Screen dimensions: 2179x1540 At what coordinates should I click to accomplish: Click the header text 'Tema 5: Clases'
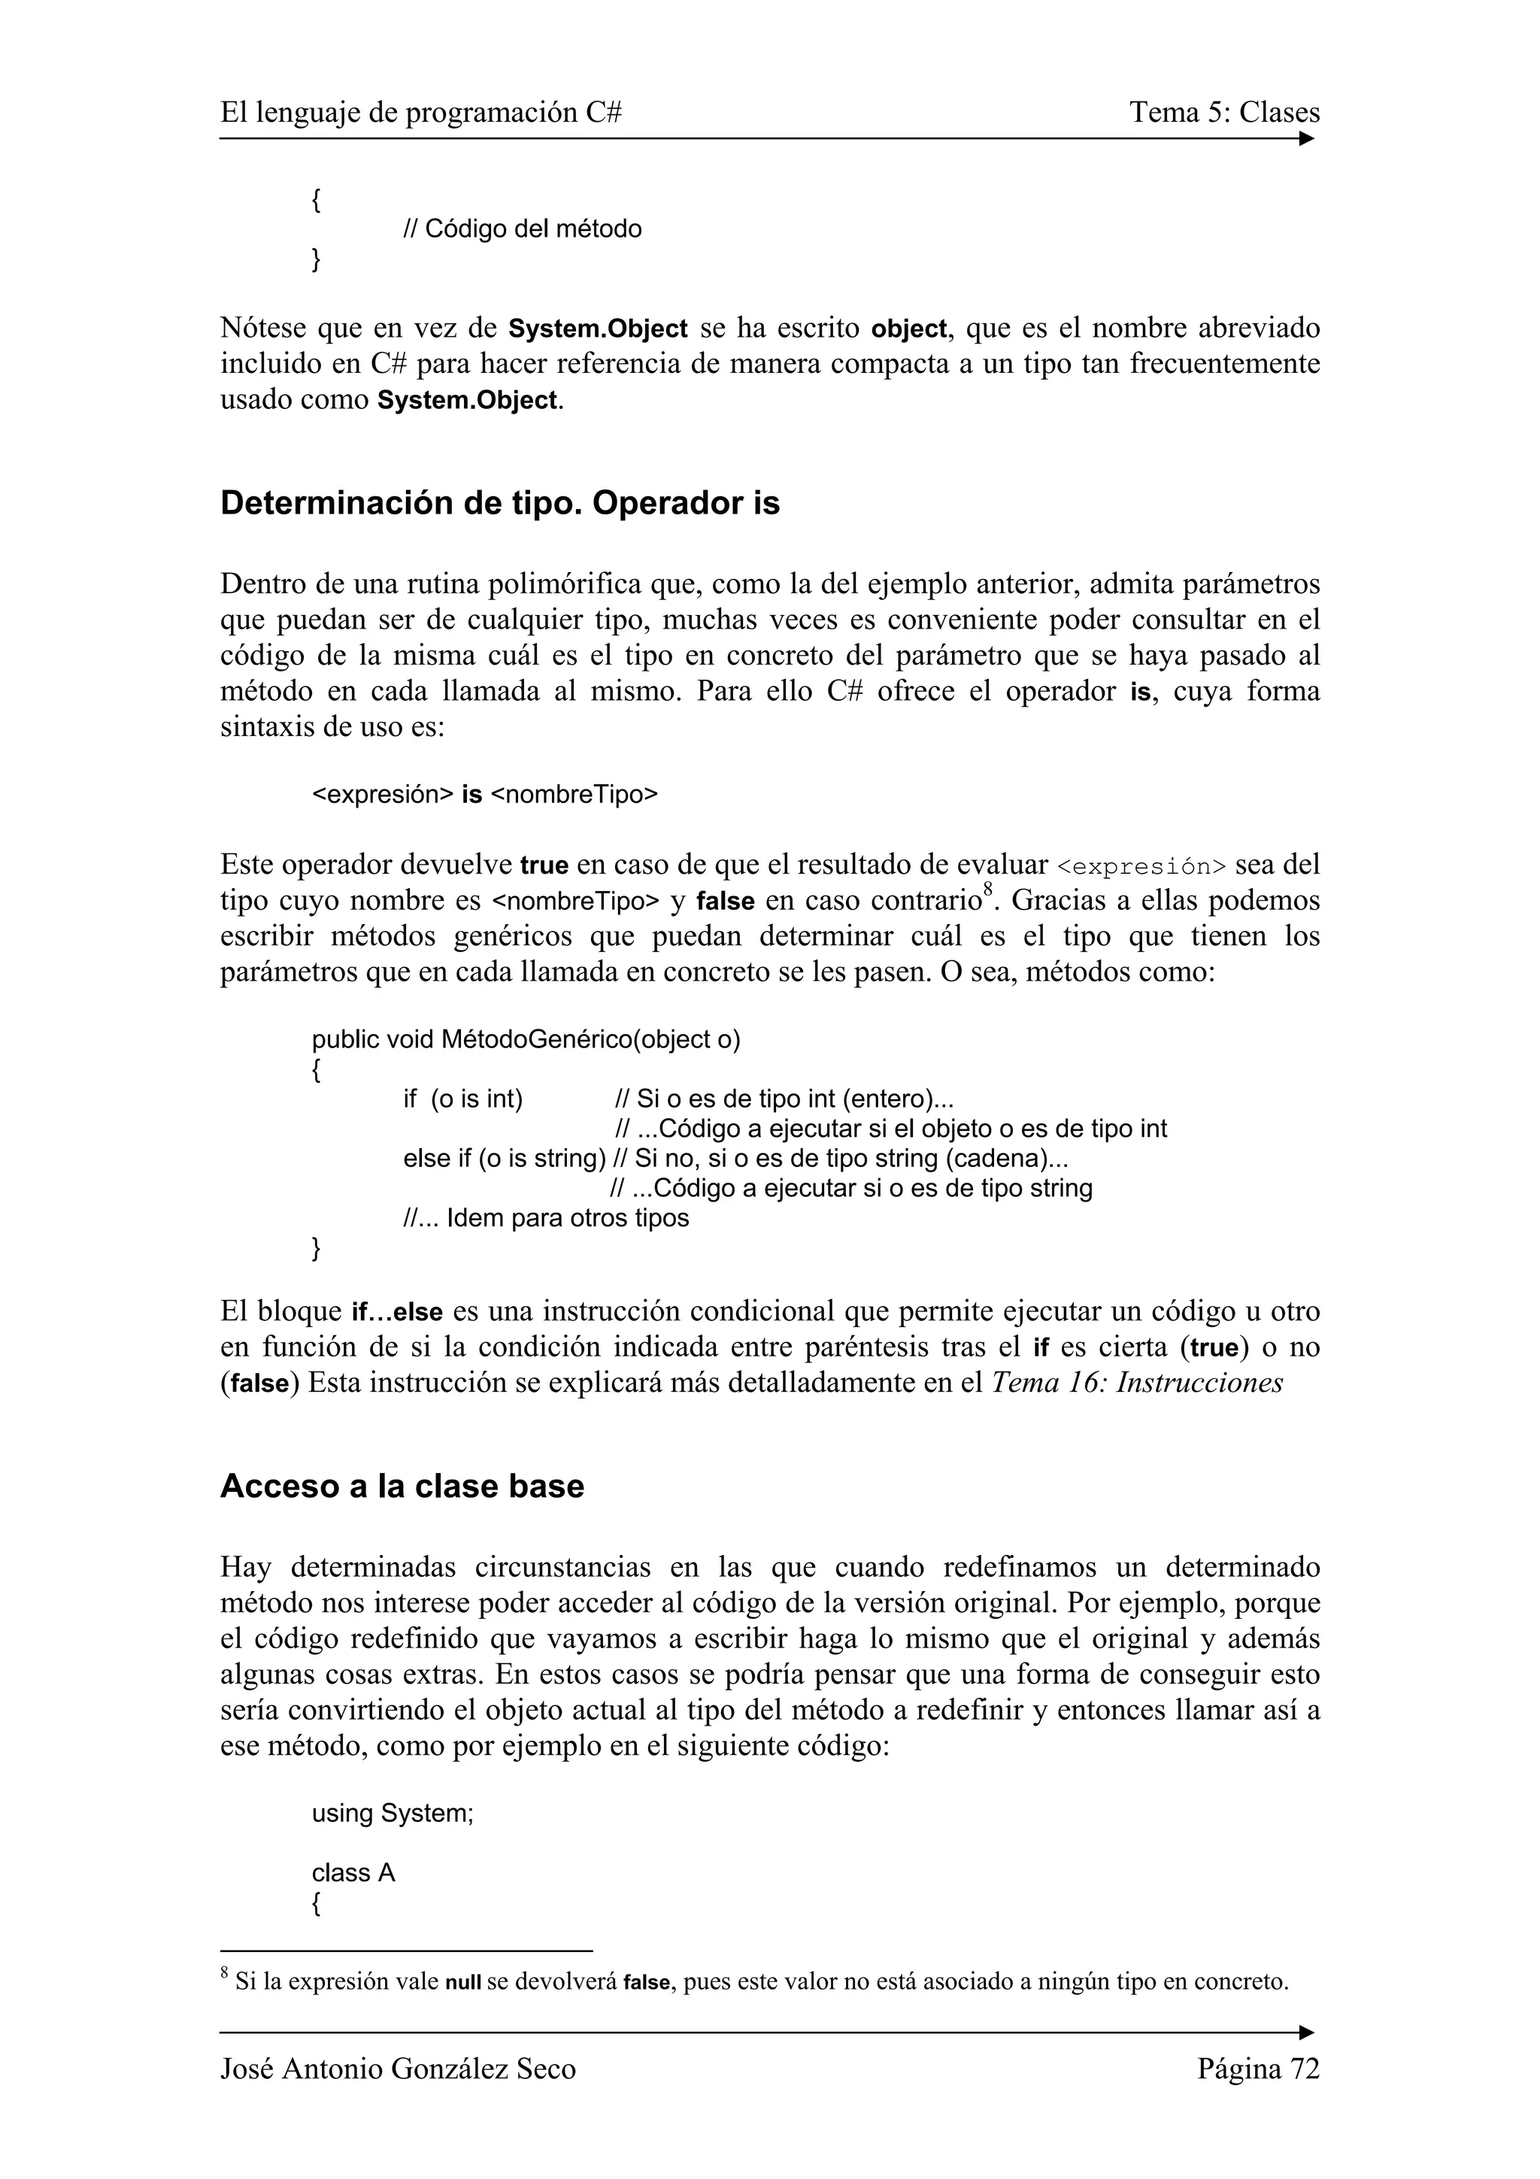[x=1224, y=112]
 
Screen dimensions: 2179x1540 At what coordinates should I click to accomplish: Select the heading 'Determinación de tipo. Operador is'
[x=499, y=503]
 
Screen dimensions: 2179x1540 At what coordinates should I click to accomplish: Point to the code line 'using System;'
[x=392, y=1813]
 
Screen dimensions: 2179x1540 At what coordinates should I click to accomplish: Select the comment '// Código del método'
[x=522, y=229]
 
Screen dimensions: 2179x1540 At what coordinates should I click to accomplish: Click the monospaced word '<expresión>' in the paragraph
[x=1141, y=866]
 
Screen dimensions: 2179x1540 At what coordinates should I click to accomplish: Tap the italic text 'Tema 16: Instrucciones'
[x=1137, y=1383]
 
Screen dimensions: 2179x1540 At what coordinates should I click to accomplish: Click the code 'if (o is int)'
[x=463, y=1099]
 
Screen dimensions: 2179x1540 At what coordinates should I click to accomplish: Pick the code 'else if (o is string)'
[x=504, y=1159]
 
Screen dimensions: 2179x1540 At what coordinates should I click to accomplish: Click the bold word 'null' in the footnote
[x=463, y=1983]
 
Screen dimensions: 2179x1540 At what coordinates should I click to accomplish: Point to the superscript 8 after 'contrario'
[x=988, y=888]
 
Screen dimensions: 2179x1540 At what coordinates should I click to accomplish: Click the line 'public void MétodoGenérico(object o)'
[x=526, y=1039]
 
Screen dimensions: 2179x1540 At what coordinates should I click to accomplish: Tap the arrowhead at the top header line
[x=1307, y=138]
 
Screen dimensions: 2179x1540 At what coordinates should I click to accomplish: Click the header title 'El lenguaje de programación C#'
[x=420, y=112]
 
